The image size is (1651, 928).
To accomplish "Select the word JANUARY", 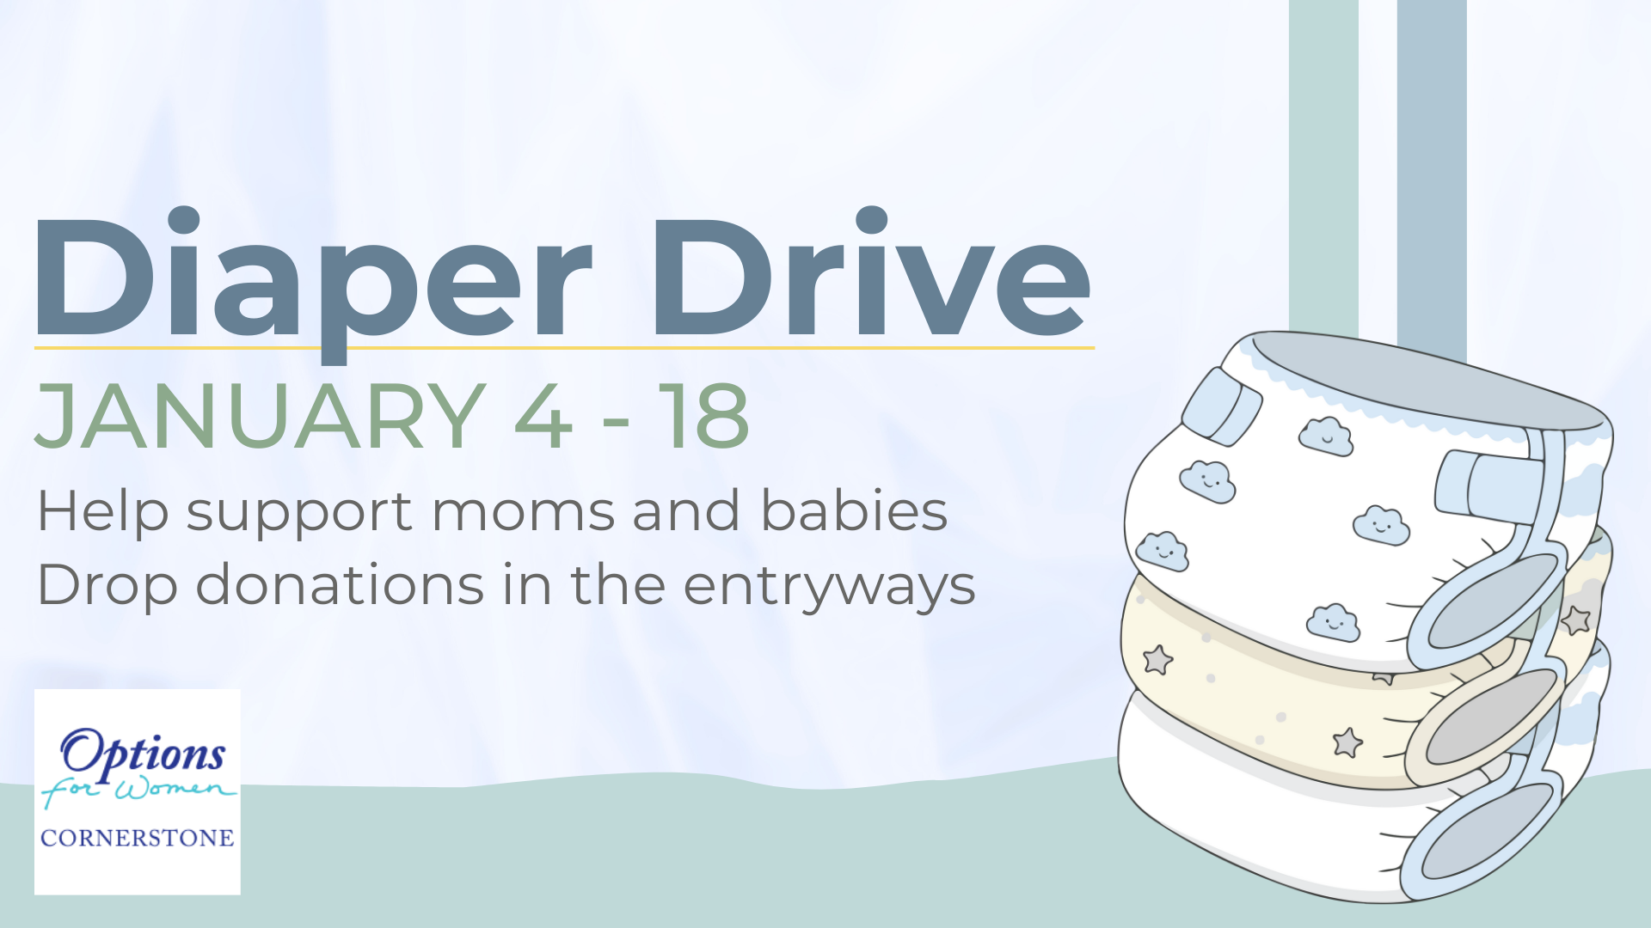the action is click(261, 417).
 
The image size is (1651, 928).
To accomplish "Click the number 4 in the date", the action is click(543, 417).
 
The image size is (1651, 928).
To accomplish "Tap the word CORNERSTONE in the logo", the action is click(138, 838).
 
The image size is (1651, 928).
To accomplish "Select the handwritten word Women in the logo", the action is click(175, 788).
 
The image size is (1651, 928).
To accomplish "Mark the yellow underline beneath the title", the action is click(564, 348).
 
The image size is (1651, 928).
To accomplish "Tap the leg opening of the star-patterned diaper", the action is click(1492, 717).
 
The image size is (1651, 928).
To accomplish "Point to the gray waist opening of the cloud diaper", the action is click(1427, 378).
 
